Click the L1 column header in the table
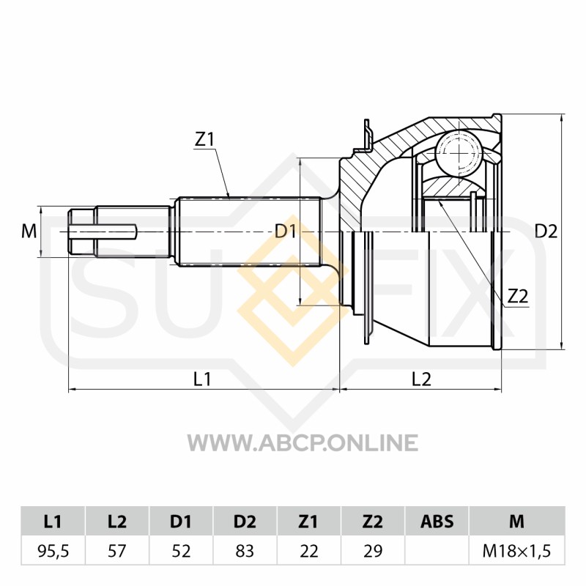[x=53, y=521]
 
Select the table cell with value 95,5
[x=53, y=551]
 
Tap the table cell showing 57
[x=117, y=551]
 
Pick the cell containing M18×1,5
[x=517, y=551]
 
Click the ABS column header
[x=437, y=521]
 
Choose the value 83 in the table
[x=245, y=551]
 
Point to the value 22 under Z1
[x=308, y=551]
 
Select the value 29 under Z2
[x=373, y=551]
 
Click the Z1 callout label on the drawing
[x=204, y=140]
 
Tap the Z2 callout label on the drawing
[x=518, y=297]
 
